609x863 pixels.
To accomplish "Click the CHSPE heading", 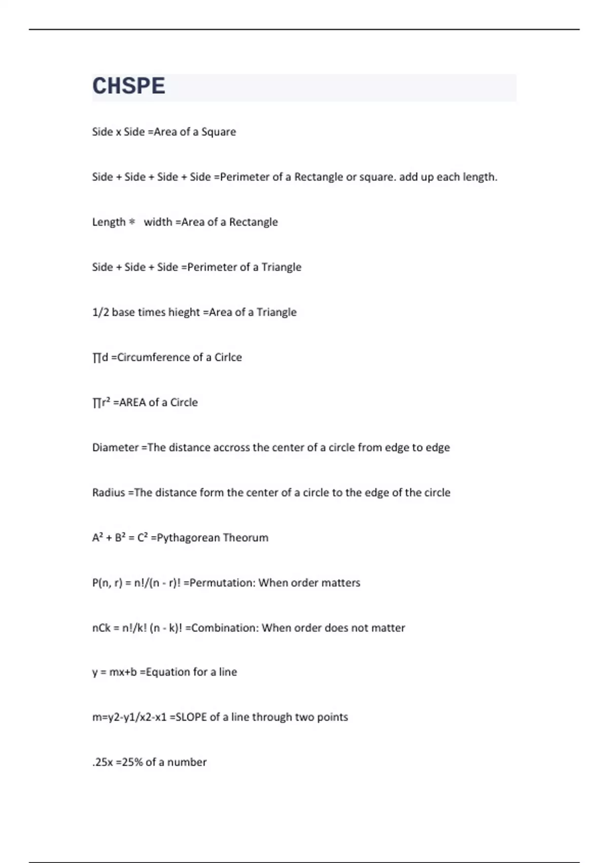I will (x=128, y=86).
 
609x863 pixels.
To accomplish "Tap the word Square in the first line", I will (x=219, y=132).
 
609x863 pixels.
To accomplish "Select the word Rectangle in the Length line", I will (x=253, y=222).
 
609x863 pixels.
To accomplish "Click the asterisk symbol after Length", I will (x=132, y=222).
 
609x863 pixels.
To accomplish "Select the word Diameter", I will (x=115, y=448).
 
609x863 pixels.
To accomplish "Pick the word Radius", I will (x=108, y=493).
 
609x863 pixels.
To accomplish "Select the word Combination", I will (x=225, y=628).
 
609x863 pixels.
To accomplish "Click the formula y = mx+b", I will (x=115, y=672).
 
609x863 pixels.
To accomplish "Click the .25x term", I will (x=103, y=762).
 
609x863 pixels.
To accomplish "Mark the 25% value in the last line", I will (x=132, y=762).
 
